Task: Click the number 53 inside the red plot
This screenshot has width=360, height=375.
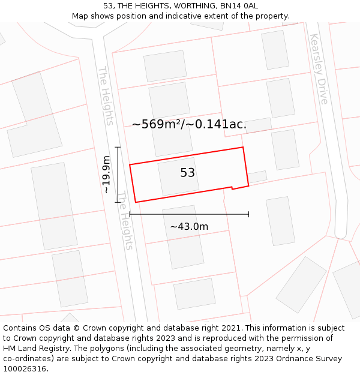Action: [187, 173]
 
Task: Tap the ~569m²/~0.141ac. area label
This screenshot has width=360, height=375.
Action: [189, 124]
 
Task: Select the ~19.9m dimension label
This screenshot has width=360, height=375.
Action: [106, 174]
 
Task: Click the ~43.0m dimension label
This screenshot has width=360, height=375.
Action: [189, 226]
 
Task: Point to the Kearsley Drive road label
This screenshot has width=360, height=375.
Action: [319, 68]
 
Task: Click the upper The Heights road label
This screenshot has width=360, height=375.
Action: [105, 95]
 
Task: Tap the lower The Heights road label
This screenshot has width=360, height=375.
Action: [124, 220]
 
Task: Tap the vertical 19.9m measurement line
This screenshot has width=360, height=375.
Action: [118, 175]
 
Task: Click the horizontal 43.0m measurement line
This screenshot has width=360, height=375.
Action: [189, 214]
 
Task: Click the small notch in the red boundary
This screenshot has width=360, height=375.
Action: [232, 188]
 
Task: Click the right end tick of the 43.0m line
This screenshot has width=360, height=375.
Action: [248, 214]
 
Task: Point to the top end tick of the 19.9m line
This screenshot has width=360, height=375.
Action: [118, 147]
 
